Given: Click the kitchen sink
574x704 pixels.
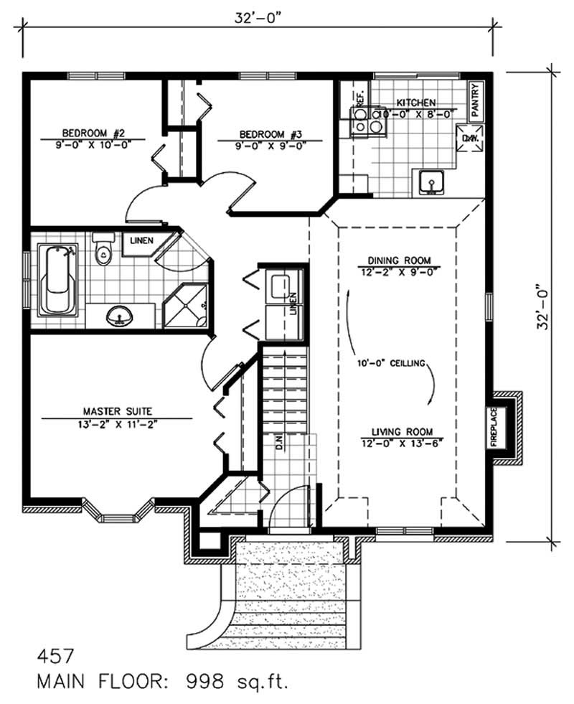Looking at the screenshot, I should [431, 183].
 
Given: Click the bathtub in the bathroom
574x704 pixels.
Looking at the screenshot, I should [58, 280].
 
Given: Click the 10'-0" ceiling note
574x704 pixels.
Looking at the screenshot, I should [390, 363].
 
